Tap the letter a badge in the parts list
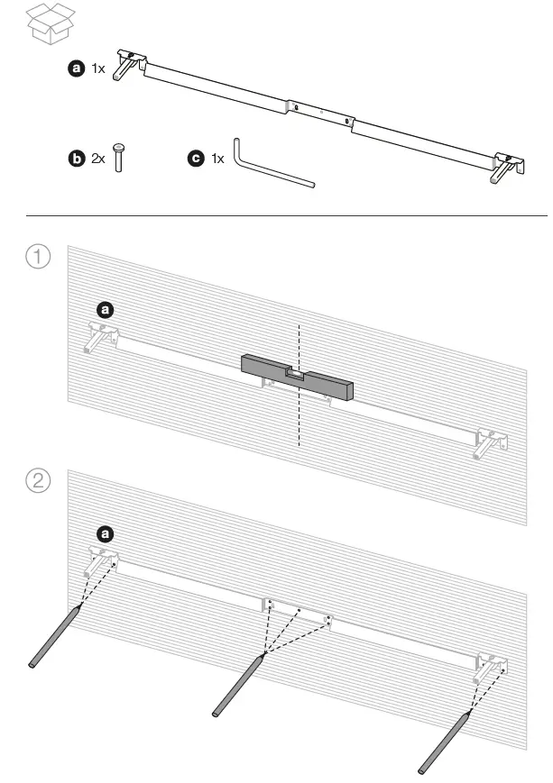77,68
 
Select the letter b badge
77,159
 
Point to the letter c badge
195,159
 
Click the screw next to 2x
118,157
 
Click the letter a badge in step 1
105,310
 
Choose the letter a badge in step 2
105,534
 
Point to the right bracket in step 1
491,443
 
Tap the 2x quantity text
98,159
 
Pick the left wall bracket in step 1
102,337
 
